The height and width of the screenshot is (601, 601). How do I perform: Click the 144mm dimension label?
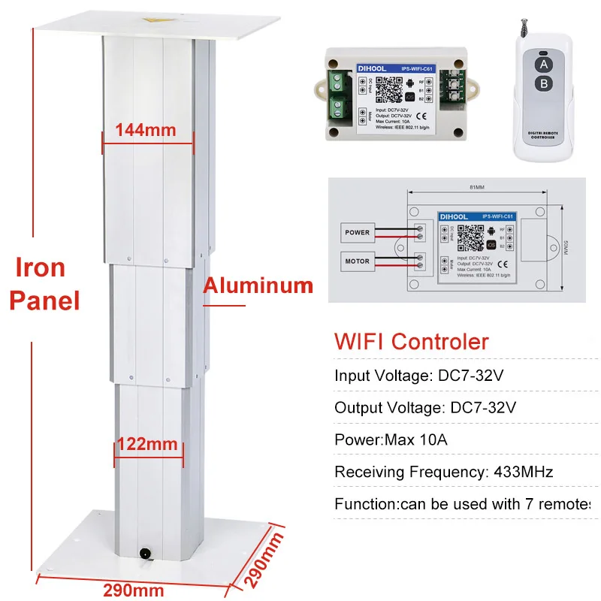coord(146,129)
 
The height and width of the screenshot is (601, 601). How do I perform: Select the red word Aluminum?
coord(258,285)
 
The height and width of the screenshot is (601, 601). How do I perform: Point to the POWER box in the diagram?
coord(357,232)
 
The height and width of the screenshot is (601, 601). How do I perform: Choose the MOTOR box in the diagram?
coord(357,263)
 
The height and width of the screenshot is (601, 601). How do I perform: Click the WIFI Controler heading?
coord(411,343)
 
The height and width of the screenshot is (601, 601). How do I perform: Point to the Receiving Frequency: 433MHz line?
coord(443,472)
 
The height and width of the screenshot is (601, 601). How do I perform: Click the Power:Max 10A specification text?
coord(391,439)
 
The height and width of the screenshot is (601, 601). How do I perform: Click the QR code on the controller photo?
coord(387,87)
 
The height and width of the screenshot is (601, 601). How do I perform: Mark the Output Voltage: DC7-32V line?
coord(426,408)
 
